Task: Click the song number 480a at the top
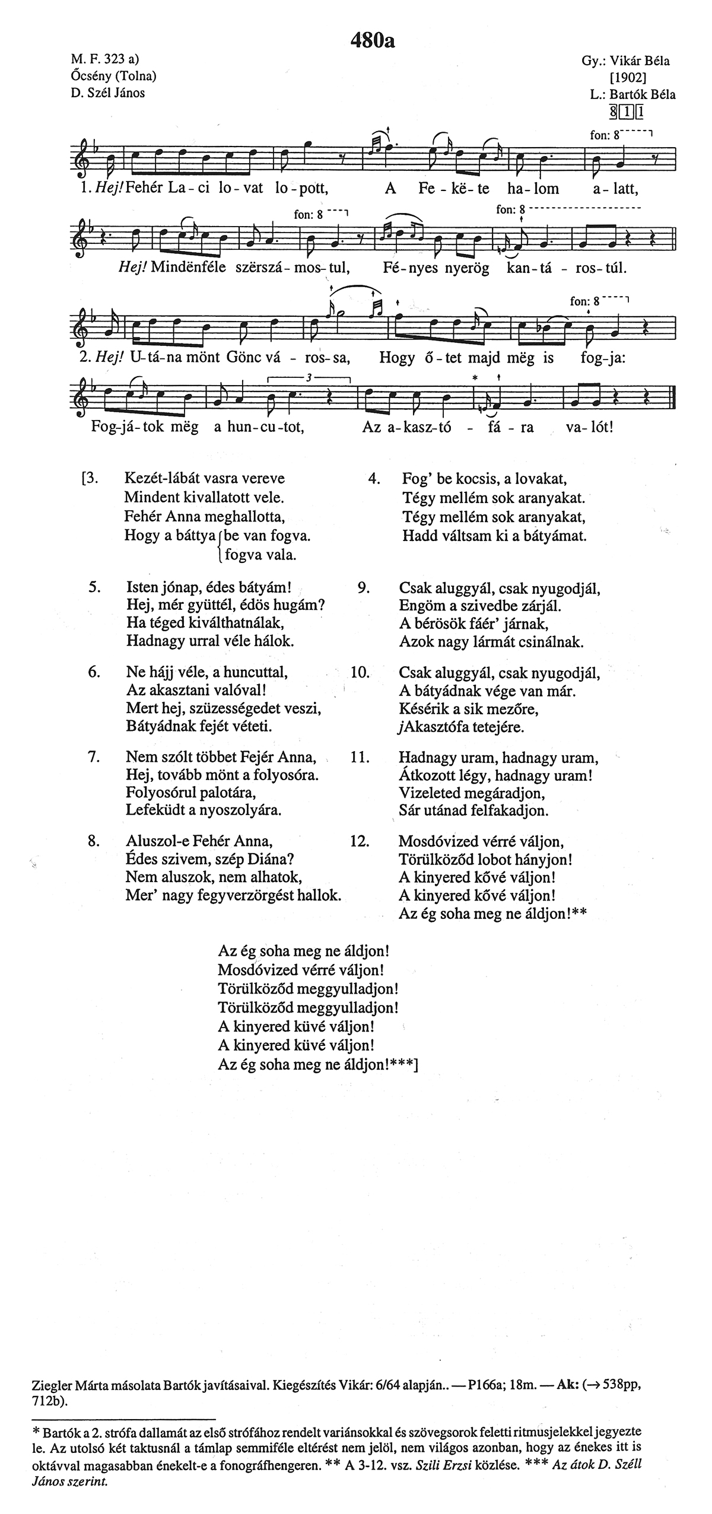tap(372, 40)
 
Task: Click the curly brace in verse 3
tap(220, 546)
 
